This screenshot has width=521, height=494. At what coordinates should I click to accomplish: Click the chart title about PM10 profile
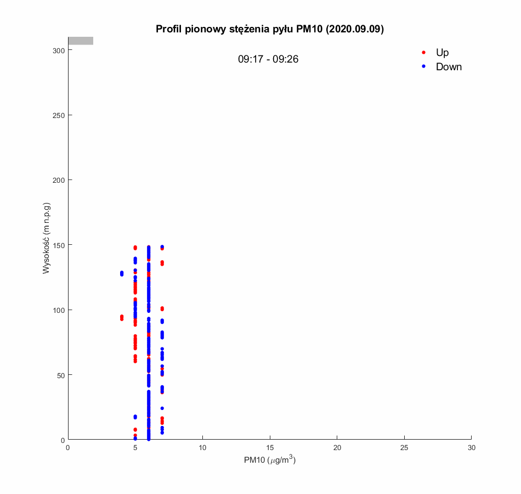click(269, 30)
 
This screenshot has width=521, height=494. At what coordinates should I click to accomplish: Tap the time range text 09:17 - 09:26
click(268, 59)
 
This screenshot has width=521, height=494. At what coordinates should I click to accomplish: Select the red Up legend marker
click(423, 53)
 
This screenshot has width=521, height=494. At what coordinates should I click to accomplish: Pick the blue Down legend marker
click(423, 66)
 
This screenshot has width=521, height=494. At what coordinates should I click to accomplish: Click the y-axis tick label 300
click(59, 50)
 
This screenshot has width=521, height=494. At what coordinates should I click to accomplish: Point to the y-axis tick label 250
click(59, 115)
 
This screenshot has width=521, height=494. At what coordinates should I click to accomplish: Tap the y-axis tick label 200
click(59, 180)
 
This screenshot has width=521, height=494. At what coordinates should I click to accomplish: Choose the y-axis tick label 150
click(59, 245)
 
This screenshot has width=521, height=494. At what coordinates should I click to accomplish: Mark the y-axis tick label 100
click(59, 310)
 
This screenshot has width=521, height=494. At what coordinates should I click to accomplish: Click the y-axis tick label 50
click(61, 375)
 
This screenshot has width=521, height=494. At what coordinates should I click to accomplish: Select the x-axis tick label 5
click(135, 448)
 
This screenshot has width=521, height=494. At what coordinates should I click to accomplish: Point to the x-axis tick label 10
click(202, 448)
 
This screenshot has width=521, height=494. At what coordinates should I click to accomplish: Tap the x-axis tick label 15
click(270, 448)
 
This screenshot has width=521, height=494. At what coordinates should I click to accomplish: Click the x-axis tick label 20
click(337, 448)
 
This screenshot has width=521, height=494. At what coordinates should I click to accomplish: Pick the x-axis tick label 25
click(404, 448)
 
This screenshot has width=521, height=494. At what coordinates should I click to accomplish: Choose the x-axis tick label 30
click(472, 448)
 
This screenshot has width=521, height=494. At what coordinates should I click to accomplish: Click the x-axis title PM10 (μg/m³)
click(270, 461)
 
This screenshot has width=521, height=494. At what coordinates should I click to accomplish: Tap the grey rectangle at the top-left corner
click(81, 41)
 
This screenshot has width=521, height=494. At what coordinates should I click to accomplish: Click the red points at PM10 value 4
click(122, 318)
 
